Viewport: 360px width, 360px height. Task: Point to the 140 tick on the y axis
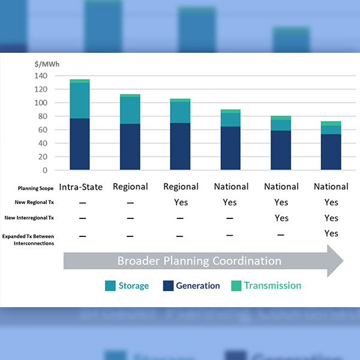point(41,76)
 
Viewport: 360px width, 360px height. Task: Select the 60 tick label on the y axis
point(43,130)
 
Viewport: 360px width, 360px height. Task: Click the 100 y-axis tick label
point(41,103)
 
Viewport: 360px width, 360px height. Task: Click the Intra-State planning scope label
point(81,187)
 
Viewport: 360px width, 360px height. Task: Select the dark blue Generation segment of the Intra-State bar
point(80,144)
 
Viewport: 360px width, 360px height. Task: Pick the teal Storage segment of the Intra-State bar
point(80,100)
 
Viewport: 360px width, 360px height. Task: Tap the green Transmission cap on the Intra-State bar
point(80,81)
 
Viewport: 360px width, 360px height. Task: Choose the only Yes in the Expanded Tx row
point(331,233)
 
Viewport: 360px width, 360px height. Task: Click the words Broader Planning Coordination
point(199,261)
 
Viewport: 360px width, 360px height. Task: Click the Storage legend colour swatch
point(110,286)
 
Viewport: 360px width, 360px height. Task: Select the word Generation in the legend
point(198,286)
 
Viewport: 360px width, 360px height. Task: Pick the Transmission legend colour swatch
point(236,286)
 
